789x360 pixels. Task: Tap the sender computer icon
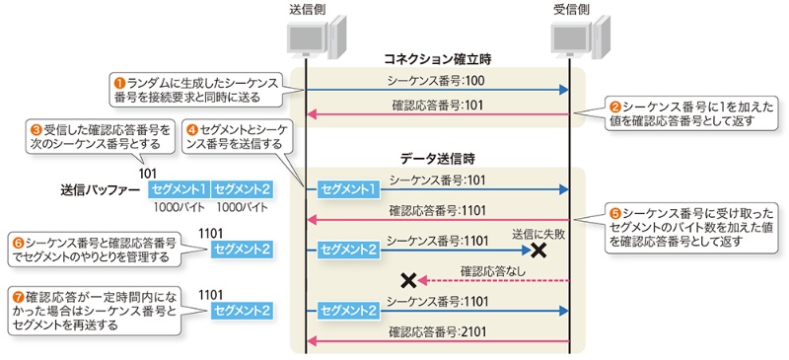tap(317, 36)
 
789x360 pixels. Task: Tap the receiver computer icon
tap(581, 36)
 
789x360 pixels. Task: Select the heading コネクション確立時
tap(437, 60)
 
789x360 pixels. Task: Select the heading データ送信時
tap(438, 159)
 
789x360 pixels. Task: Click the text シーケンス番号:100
tap(436, 80)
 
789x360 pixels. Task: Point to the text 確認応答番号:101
tap(437, 106)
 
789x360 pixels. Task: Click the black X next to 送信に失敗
tap(539, 250)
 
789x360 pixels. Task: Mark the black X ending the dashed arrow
tap(408, 280)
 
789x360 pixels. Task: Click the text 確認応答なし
tap(493, 271)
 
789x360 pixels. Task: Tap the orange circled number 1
tap(119, 81)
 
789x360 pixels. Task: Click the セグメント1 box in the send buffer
tap(179, 189)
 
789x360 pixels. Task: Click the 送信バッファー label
tap(100, 190)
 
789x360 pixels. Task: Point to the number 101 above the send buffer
tap(147, 174)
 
